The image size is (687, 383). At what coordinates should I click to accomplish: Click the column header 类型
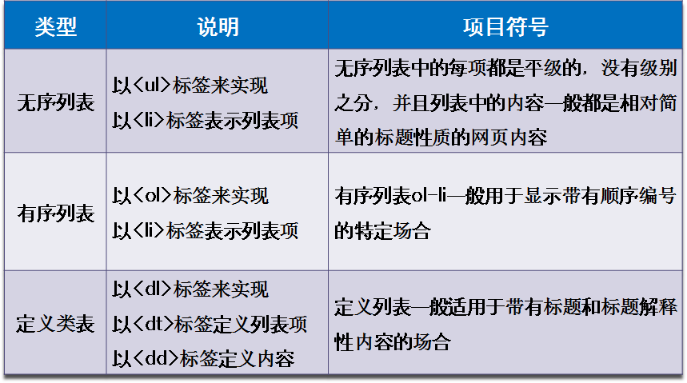click(x=56, y=26)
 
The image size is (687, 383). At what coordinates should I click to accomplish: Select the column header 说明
click(x=218, y=26)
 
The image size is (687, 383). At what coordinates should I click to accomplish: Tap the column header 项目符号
click(x=505, y=26)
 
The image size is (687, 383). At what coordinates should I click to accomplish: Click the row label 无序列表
click(x=56, y=103)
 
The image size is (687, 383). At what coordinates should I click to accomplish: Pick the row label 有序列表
click(x=56, y=213)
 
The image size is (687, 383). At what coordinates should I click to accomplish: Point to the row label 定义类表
click(x=56, y=324)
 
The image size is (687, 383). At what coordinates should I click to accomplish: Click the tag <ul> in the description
click(x=152, y=85)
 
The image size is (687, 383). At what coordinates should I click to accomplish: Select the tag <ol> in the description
click(x=153, y=195)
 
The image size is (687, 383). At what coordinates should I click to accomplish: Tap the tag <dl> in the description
click(x=153, y=289)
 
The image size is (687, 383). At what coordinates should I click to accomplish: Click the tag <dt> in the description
click(x=153, y=325)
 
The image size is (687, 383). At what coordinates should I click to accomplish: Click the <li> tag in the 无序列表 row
click(x=149, y=120)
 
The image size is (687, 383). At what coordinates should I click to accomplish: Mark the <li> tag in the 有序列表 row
click(x=149, y=230)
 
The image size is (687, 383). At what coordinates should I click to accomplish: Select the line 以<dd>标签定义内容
click(x=203, y=359)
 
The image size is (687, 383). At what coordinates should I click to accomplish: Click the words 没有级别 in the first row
click(x=639, y=68)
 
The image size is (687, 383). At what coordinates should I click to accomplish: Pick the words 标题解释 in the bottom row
click(x=639, y=307)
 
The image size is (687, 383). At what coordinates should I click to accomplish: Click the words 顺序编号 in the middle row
click(x=637, y=196)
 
